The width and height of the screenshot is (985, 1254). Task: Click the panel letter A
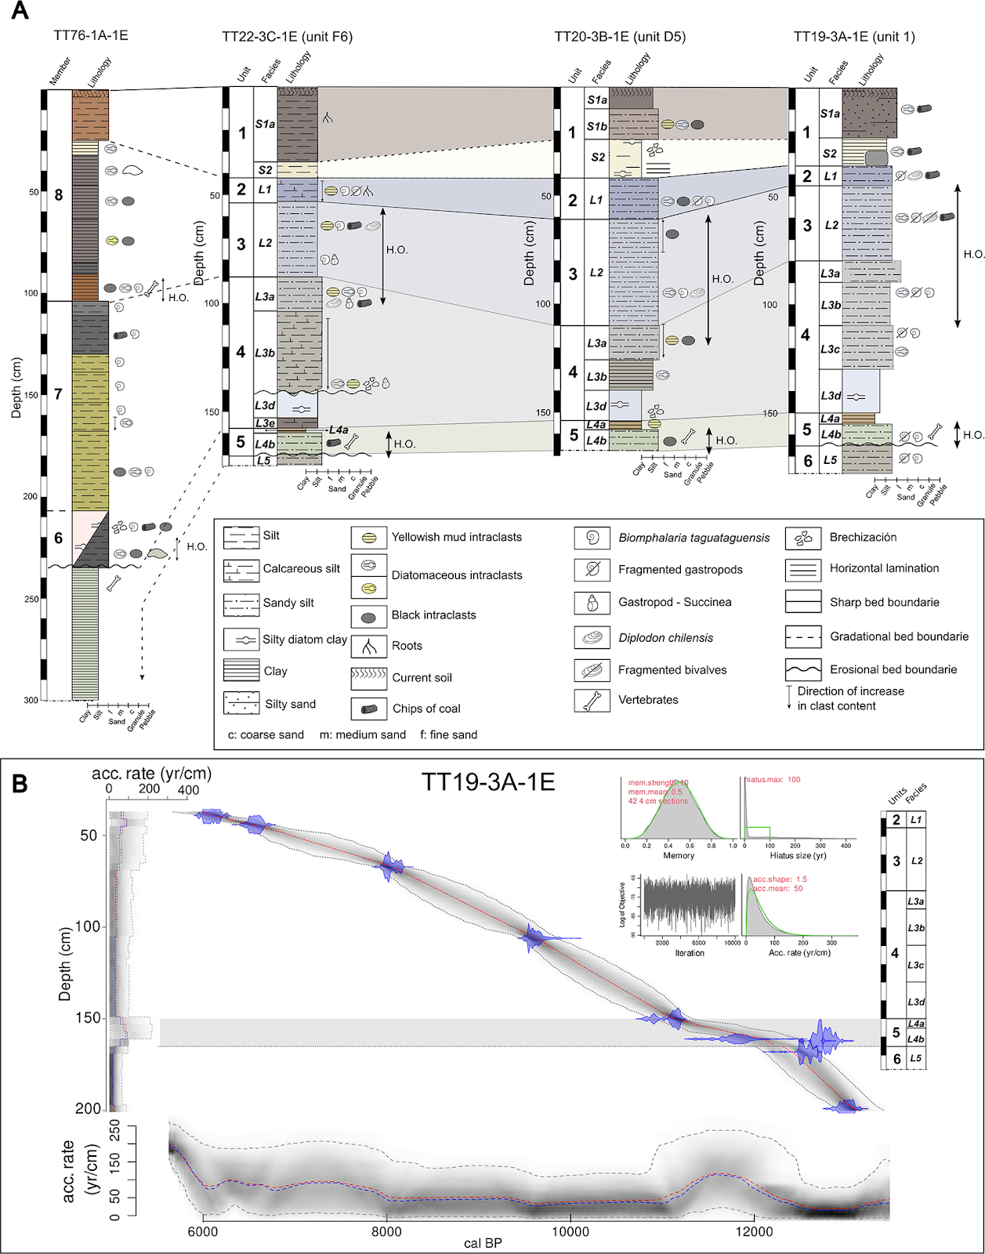click(20, 11)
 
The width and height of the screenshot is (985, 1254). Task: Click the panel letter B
click(20, 783)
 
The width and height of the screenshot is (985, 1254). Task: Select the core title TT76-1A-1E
click(90, 35)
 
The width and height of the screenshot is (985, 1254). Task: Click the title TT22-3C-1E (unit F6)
click(287, 37)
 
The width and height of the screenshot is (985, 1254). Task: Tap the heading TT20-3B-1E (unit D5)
click(619, 37)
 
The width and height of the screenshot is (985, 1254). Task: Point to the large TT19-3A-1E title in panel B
click(487, 782)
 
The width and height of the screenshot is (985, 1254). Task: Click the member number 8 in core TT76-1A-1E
click(59, 194)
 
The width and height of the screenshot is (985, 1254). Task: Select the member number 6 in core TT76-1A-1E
click(59, 538)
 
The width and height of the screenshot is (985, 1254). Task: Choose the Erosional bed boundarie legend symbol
click(803, 669)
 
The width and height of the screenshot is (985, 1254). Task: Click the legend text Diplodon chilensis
click(665, 638)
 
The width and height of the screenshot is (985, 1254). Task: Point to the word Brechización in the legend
click(863, 537)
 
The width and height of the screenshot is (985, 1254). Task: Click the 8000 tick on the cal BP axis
click(386, 1231)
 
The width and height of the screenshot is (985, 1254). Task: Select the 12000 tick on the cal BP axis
click(754, 1231)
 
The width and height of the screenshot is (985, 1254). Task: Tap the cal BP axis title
click(483, 1243)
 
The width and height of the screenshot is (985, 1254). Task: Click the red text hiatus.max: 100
click(773, 780)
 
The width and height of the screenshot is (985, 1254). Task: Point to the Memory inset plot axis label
click(679, 856)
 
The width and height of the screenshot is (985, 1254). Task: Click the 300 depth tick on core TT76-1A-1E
click(31, 700)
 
